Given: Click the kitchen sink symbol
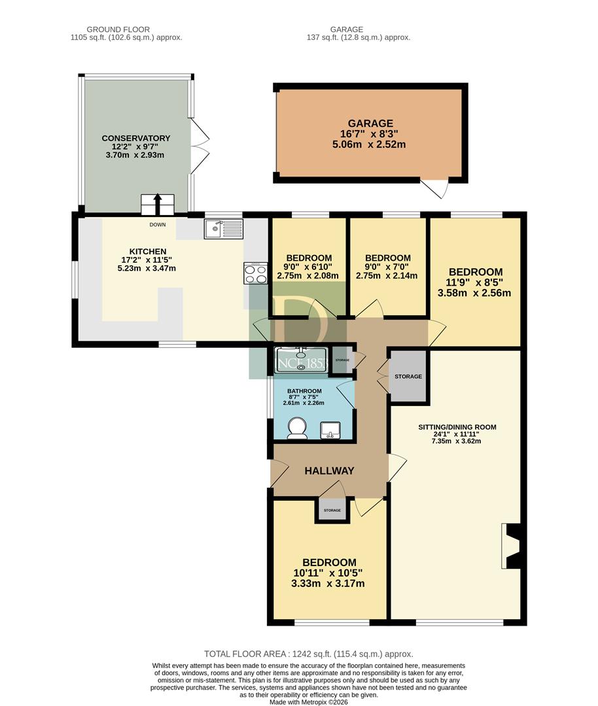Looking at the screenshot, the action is (x=223, y=228).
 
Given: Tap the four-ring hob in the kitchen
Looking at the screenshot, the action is (x=256, y=273).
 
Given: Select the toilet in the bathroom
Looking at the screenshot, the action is (x=298, y=428).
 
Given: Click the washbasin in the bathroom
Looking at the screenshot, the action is (x=331, y=430).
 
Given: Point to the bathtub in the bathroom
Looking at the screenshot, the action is (x=300, y=360).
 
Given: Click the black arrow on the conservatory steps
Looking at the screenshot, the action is (x=158, y=204).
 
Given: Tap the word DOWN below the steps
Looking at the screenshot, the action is (x=158, y=225).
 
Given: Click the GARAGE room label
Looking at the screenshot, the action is (x=370, y=124).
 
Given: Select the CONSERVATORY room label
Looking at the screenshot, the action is (x=135, y=138).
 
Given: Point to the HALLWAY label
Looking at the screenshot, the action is (x=329, y=471).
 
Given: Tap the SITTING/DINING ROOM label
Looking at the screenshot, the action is (x=457, y=427).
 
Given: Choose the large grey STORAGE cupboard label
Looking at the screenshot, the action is (x=408, y=377).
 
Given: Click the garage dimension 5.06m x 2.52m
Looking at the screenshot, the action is (x=369, y=144).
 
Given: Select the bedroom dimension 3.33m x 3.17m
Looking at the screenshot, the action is (x=328, y=584).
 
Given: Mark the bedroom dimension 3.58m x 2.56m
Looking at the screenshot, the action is (x=474, y=293).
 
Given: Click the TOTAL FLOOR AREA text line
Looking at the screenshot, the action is (x=309, y=654).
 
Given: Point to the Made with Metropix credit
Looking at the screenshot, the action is (x=309, y=702).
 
